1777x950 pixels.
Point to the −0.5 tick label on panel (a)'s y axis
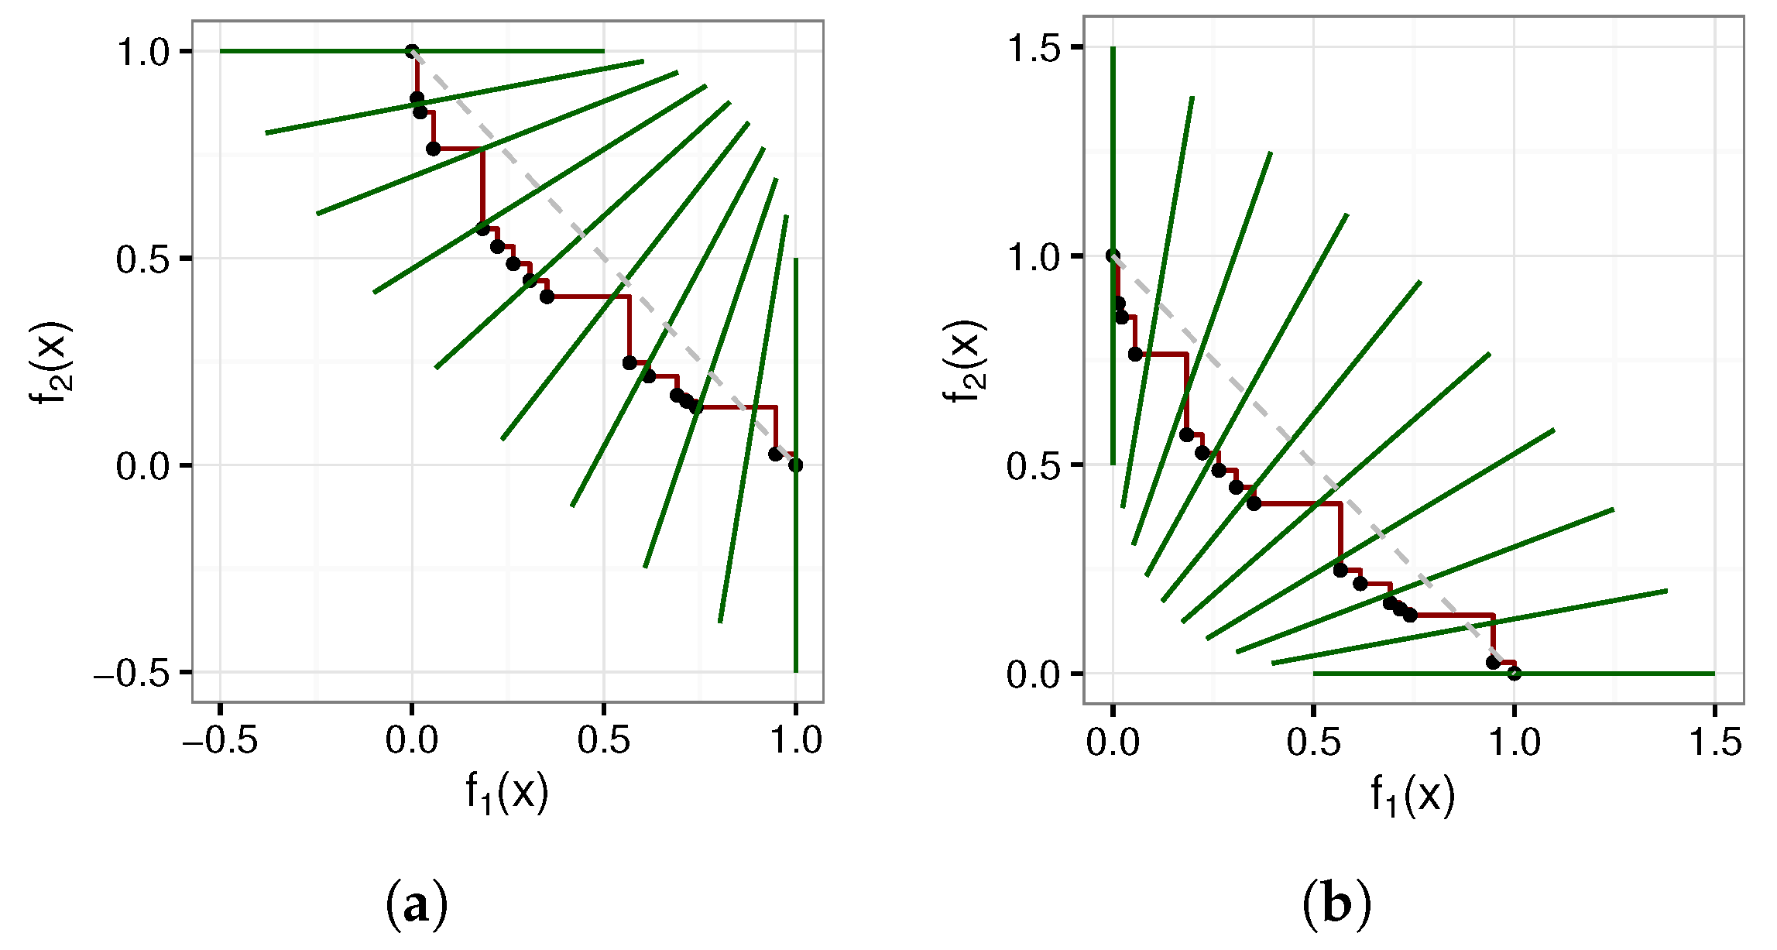(x=132, y=674)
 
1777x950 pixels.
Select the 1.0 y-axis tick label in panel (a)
(x=143, y=53)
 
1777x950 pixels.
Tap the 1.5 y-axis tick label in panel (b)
(x=1034, y=48)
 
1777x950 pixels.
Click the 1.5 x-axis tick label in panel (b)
(x=1715, y=743)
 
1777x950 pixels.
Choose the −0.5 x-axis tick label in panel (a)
(x=220, y=741)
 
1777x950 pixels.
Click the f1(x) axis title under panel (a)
(x=507, y=793)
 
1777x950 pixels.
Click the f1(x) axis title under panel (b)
(x=1413, y=794)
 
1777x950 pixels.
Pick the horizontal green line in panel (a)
(x=310, y=51)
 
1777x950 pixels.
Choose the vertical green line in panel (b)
(x=1113, y=155)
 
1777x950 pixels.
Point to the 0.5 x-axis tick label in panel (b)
(x=1313, y=743)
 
